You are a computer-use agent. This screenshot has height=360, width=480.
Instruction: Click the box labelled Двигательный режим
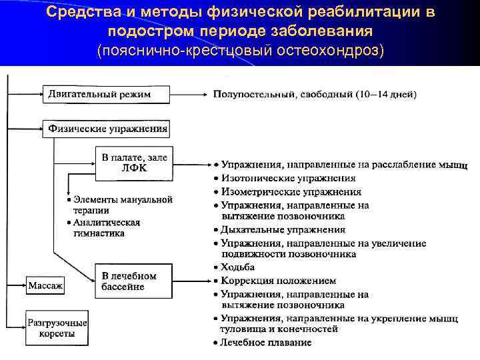pyautogui.click(x=100, y=95)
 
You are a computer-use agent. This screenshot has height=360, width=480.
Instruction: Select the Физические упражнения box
pyautogui.click(x=107, y=129)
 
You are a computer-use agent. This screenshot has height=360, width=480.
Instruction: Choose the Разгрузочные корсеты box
pyautogui.click(x=57, y=328)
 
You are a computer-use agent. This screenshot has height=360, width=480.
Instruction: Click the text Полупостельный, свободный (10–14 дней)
pyautogui.click(x=315, y=95)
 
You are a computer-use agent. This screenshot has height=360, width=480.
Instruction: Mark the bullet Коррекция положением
pyautogui.click(x=279, y=281)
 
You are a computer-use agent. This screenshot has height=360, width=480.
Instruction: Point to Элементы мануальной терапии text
pyautogui.click(x=120, y=204)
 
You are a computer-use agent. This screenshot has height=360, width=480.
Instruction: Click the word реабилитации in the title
pyautogui.click(x=360, y=13)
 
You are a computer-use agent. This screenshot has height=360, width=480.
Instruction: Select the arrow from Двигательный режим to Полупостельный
pyautogui.click(x=185, y=95)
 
